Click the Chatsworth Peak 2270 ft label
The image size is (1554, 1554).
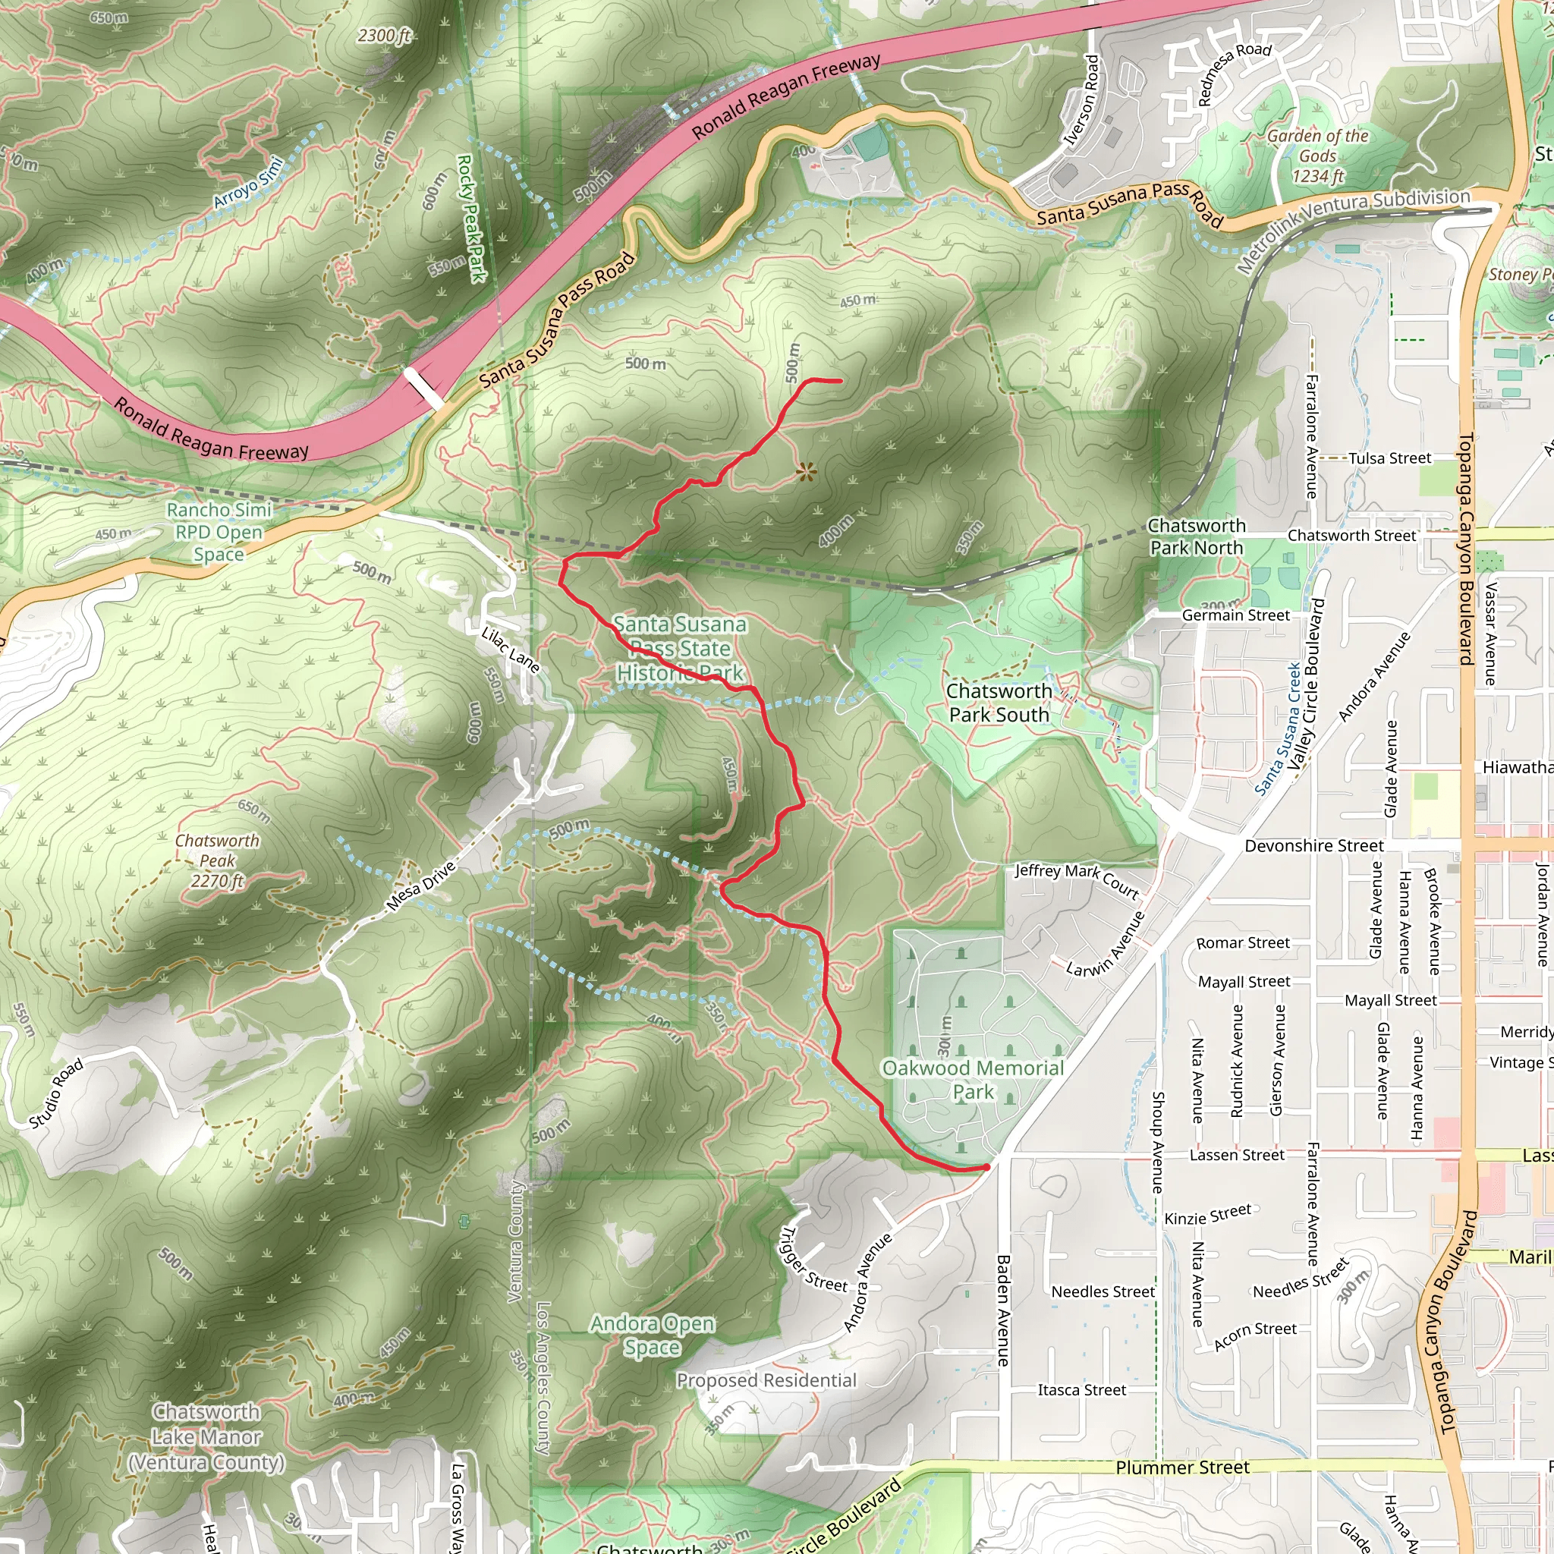click(217, 860)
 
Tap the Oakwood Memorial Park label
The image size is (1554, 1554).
click(973, 1080)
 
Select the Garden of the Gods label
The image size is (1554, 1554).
click(1317, 156)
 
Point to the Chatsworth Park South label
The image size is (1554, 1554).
click(999, 702)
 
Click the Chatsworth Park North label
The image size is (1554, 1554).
click(1196, 536)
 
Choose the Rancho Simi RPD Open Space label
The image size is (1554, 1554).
click(219, 532)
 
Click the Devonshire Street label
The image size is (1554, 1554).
click(1313, 845)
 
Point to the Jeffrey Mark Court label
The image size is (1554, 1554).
click(1076, 880)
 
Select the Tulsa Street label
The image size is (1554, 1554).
click(1389, 458)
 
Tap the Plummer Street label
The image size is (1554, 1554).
click(1181, 1468)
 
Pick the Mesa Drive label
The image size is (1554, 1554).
click(421, 886)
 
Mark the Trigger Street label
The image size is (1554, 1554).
click(813, 1260)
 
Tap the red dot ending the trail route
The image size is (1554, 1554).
click(986, 1167)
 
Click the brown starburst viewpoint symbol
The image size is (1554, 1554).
click(806, 472)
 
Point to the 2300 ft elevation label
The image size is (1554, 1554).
click(385, 36)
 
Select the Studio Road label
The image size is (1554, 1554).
click(56, 1093)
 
